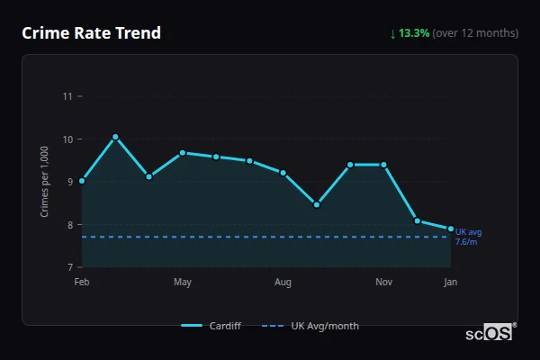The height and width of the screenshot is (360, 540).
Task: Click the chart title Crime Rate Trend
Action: (91, 33)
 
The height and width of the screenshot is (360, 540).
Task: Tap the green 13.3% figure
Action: (414, 33)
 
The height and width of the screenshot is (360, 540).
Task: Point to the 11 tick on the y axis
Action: (67, 95)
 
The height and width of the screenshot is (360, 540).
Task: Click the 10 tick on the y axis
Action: (67, 139)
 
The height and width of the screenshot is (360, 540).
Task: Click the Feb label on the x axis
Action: (82, 283)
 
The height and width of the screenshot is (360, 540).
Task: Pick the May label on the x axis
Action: (183, 283)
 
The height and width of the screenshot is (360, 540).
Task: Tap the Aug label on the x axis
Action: (283, 283)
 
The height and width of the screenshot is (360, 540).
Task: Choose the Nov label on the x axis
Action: (383, 283)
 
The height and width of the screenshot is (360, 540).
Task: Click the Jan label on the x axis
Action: (450, 283)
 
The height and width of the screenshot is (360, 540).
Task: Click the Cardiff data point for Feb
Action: (82, 181)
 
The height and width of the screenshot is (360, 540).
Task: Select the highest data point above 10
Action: (115, 137)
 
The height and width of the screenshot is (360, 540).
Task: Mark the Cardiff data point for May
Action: (183, 153)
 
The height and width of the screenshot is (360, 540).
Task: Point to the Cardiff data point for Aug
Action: (283, 173)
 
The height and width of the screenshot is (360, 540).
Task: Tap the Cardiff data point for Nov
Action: (383, 165)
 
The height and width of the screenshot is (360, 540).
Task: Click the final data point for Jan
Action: (450, 229)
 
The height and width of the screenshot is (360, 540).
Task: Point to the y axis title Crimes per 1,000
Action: (45, 181)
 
